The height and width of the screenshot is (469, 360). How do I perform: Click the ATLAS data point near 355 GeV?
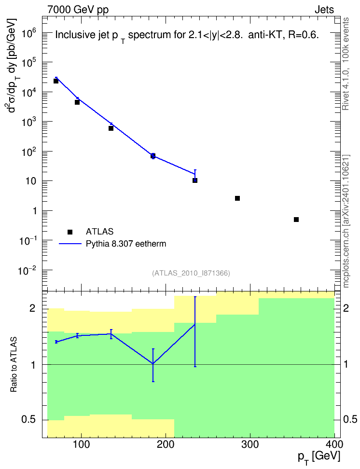(296, 220)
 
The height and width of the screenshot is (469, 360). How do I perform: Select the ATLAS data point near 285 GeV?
(237, 198)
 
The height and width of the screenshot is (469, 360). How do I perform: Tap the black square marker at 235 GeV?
(195, 180)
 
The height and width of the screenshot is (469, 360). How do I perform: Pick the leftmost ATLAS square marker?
(56, 81)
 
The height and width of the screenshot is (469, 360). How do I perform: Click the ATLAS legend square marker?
(70, 232)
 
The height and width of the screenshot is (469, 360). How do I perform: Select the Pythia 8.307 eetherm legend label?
(126, 244)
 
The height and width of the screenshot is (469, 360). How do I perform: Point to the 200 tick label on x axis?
(166, 444)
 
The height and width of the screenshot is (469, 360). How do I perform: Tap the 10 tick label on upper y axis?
(31, 181)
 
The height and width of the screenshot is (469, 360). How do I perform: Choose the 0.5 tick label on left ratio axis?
(29, 420)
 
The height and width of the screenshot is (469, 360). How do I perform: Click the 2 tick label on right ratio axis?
(346, 308)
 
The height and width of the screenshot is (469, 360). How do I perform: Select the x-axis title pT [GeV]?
(318, 457)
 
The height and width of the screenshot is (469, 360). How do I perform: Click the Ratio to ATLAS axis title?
(14, 365)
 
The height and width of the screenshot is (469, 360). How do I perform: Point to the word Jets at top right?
(324, 10)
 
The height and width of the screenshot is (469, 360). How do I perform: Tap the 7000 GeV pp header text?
(78, 10)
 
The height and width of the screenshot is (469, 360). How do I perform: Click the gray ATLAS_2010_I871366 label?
(191, 273)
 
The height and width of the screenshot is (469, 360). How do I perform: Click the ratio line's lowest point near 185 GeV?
(153, 364)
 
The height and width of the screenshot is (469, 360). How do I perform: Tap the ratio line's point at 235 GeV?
(195, 324)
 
